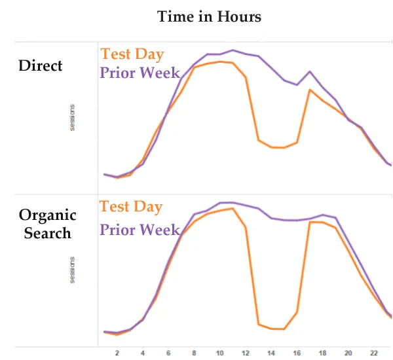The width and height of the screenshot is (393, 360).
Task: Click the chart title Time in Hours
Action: point(209,17)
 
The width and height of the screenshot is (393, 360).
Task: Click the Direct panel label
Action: point(41,65)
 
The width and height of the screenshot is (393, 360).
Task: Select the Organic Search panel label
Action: point(47,223)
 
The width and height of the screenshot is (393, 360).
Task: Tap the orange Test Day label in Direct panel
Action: point(132,54)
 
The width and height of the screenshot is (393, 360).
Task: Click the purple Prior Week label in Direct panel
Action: point(140,72)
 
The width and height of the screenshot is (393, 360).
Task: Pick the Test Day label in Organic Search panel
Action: point(131,207)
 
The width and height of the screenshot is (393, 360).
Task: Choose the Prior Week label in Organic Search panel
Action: point(140,230)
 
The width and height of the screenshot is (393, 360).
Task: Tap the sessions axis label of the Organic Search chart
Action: point(73,270)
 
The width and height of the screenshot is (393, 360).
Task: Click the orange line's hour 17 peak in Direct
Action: point(310,90)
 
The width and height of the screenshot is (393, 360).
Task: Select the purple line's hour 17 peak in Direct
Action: point(310,71)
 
